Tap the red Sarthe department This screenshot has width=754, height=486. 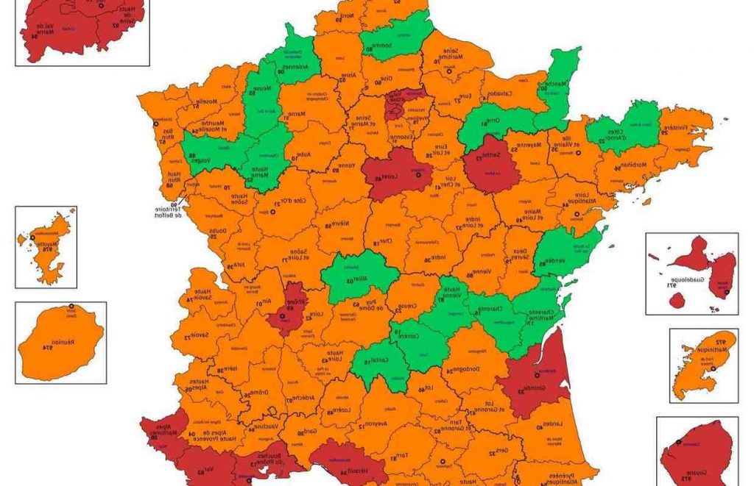pos(491,162)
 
